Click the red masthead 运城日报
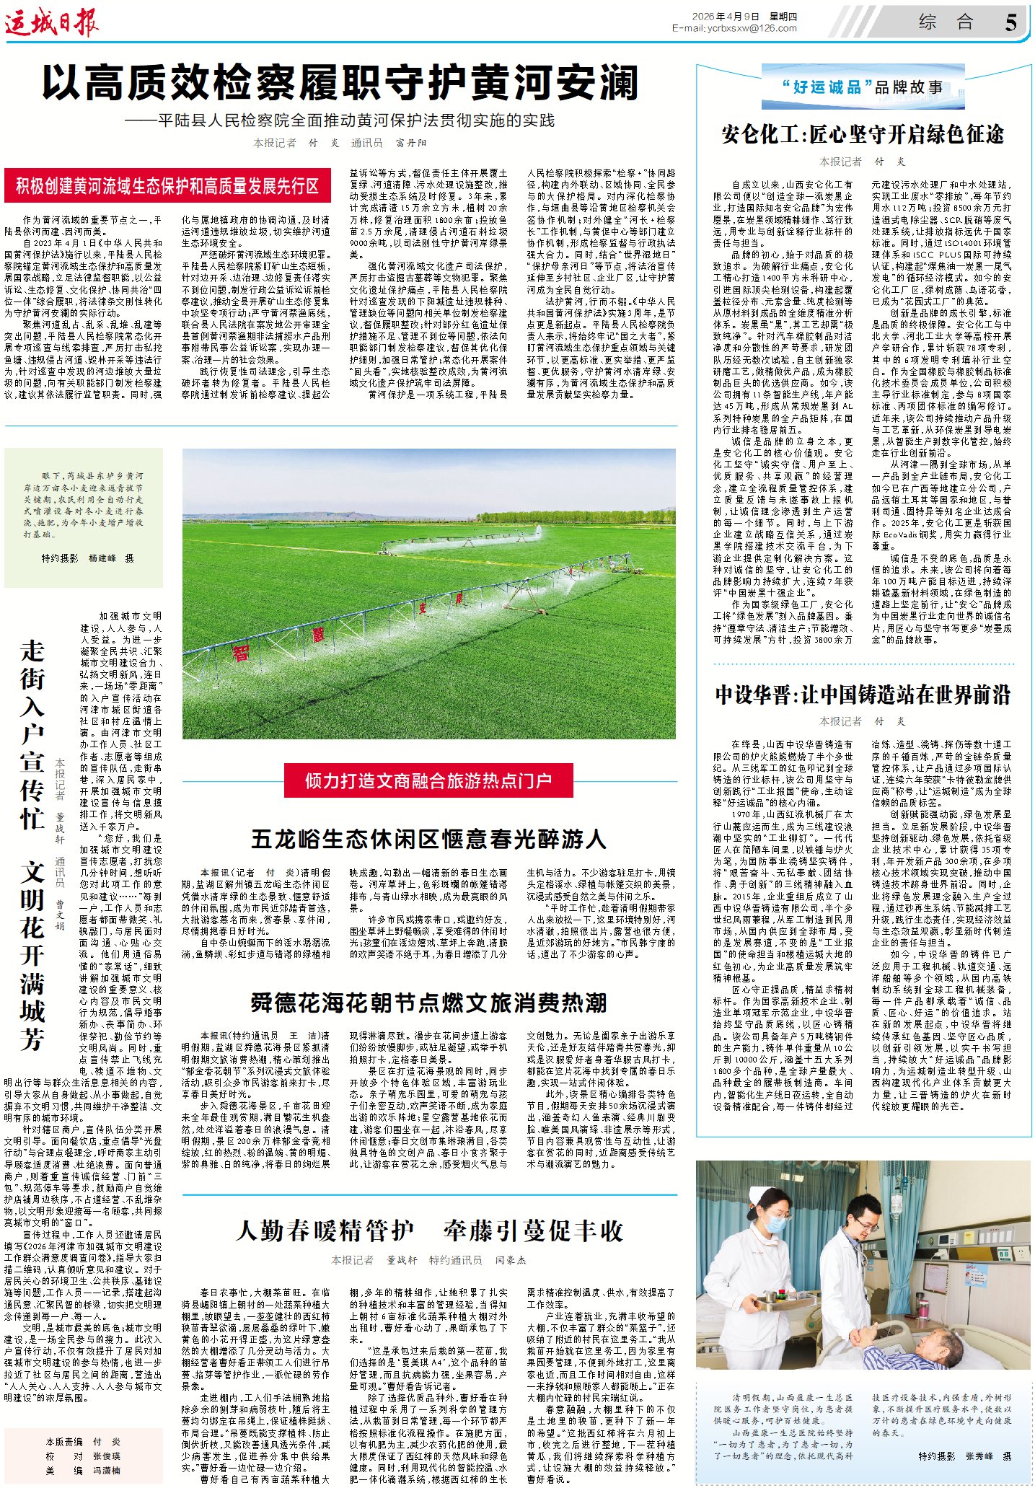point(52,23)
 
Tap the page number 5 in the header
point(1010,22)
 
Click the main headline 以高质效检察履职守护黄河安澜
point(340,82)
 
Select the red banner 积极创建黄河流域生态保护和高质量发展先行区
point(167,186)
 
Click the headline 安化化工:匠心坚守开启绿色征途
point(863,134)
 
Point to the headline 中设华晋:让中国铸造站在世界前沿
point(863,695)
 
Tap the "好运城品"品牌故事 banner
point(863,87)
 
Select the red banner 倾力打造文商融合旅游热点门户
point(428,781)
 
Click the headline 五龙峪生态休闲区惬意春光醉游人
point(428,839)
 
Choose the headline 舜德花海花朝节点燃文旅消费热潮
point(428,1003)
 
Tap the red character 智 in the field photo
point(240,653)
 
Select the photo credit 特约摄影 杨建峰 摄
point(87,558)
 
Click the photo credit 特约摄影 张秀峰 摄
point(964,1456)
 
